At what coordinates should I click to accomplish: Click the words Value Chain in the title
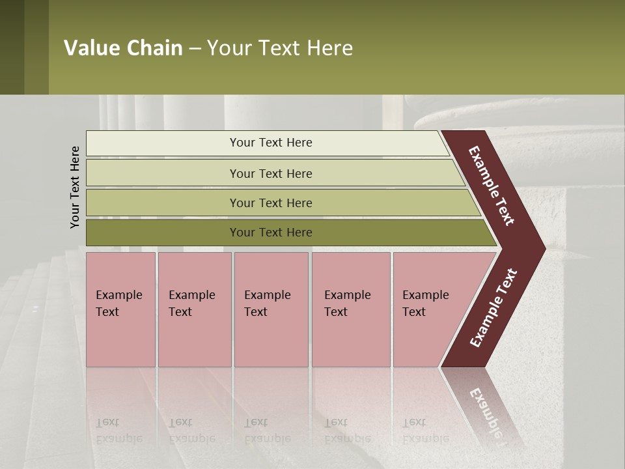[x=123, y=48]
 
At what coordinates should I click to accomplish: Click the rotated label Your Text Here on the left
[x=75, y=187]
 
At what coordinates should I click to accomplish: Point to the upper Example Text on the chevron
[x=492, y=186]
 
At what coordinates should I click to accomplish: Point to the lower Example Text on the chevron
[x=493, y=307]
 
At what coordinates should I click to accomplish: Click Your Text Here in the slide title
[x=280, y=48]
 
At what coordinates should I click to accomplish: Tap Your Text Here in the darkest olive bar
[x=271, y=233]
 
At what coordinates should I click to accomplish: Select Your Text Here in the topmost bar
[x=271, y=143]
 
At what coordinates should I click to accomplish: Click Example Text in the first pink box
[x=118, y=304]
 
